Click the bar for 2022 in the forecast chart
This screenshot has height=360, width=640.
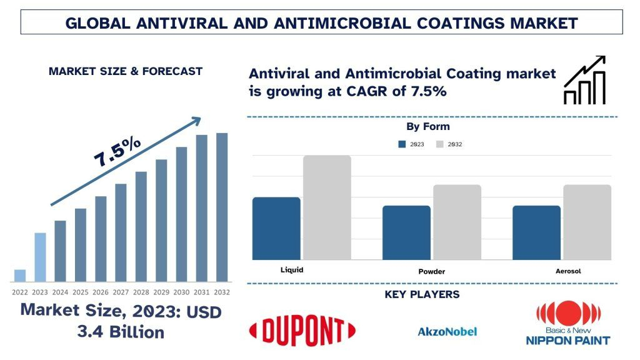coord(20,276)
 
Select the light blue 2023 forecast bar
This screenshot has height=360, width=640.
coord(39,257)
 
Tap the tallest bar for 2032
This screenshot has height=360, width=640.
coord(222,207)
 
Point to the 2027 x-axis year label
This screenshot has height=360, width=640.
coord(121,292)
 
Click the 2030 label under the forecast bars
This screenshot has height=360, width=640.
coord(181,292)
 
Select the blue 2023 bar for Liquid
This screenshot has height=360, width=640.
coord(276,229)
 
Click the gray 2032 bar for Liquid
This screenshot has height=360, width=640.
coord(327,207)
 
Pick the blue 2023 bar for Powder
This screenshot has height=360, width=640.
coord(406,232)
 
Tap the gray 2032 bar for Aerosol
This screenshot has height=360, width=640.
coord(587,222)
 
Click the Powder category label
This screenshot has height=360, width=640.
coord(431,272)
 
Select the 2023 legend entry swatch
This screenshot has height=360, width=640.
coord(402,144)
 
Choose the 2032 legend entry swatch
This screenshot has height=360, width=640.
coord(439,144)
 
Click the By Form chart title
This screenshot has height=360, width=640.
coord(427,127)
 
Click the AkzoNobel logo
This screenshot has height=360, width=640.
coord(447,331)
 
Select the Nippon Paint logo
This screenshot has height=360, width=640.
coord(568,323)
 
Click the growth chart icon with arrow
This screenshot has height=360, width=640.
coord(584,80)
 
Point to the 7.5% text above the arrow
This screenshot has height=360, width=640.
coord(117,151)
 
